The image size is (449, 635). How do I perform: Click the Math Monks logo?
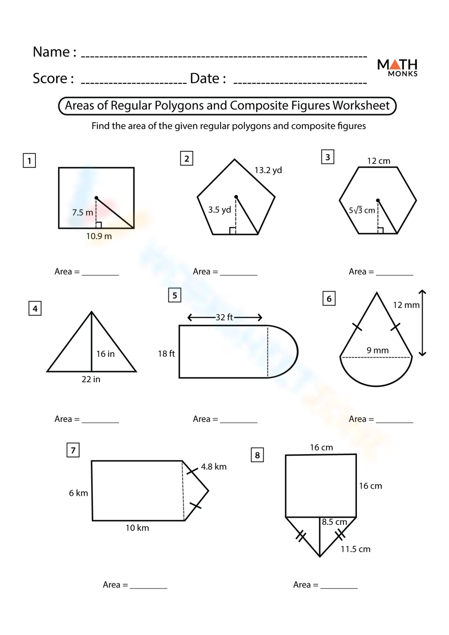click(397, 68)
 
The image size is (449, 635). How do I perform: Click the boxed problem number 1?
click(29, 161)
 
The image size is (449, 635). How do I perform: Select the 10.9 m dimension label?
click(99, 236)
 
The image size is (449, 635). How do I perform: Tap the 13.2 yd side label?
click(268, 171)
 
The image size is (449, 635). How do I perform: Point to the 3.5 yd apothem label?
click(219, 210)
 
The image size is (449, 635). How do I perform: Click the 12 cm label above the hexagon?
click(379, 161)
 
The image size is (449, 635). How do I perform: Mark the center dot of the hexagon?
click(378, 201)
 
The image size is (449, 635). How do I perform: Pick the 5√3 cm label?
click(362, 210)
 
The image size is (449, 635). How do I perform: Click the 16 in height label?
click(105, 354)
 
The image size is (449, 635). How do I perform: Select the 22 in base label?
click(91, 380)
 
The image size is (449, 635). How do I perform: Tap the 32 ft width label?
click(224, 318)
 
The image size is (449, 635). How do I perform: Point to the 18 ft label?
click(166, 354)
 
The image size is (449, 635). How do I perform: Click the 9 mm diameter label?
click(378, 350)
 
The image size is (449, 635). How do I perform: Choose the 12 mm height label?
click(406, 305)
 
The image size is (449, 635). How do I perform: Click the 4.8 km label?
click(214, 467)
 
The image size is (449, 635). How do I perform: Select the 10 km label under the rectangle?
click(137, 528)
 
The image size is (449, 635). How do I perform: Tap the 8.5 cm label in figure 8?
click(335, 522)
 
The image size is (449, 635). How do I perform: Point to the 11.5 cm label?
click(355, 549)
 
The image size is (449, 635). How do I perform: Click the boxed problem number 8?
click(257, 455)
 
